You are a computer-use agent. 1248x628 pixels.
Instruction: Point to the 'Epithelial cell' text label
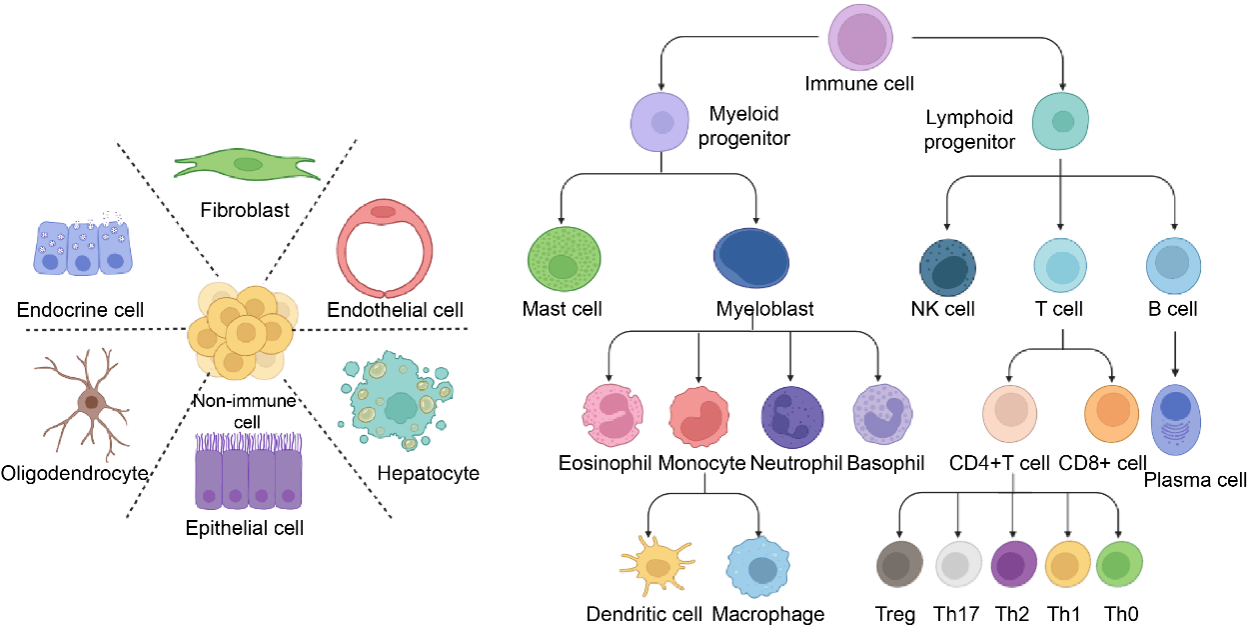pyautogui.click(x=245, y=527)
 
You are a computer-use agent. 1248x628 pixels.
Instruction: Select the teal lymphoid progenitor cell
pyautogui.click(x=1062, y=121)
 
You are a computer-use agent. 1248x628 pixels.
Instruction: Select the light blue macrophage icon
pyautogui.click(x=761, y=567)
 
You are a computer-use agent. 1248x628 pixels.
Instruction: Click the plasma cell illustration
pyautogui.click(x=1182, y=419)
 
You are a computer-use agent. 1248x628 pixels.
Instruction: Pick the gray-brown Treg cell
pyautogui.click(x=897, y=565)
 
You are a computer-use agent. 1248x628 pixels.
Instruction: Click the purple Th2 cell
pyautogui.click(x=1013, y=565)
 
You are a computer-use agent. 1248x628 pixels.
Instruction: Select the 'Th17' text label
pyautogui.click(x=956, y=614)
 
